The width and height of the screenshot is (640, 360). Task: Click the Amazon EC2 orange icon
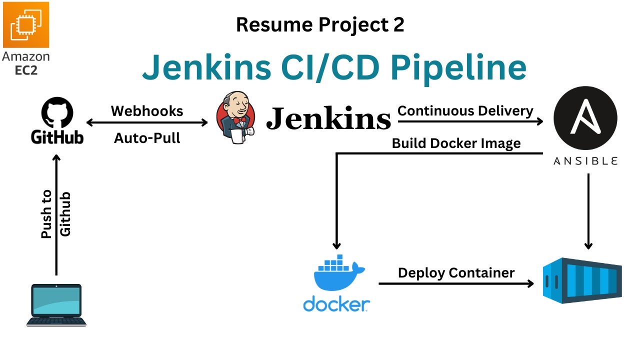tap(25, 24)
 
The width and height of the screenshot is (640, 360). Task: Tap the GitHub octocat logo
tap(56, 113)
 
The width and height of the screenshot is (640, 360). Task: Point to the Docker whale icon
tap(336, 274)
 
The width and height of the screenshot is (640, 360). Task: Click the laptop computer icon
tap(56, 305)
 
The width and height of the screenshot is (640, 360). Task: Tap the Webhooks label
tap(147, 110)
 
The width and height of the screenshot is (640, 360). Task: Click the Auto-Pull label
tap(147, 137)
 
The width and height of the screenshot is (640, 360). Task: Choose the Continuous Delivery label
tap(465, 110)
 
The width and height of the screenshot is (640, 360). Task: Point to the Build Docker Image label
tap(456, 143)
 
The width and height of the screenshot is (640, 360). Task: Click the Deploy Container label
tap(456, 272)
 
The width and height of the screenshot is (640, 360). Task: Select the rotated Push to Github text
tap(55, 214)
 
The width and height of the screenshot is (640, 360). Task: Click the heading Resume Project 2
tap(320, 24)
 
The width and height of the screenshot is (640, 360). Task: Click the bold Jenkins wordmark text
tap(328, 119)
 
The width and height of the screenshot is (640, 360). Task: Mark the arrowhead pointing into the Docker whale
tap(336, 245)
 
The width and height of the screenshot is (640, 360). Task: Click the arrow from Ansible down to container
tap(588, 210)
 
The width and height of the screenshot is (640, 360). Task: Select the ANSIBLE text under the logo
tap(585, 161)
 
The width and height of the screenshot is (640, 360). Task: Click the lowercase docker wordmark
tap(336, 303)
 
